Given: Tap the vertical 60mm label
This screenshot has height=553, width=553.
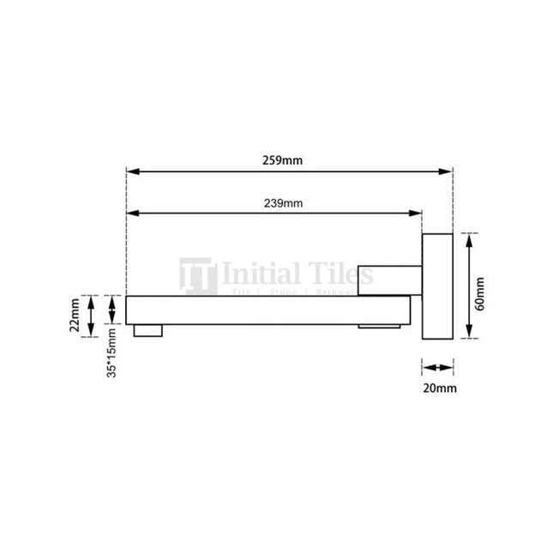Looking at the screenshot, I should coord(481,292).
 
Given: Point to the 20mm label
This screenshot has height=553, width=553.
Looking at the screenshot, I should coord(440,388).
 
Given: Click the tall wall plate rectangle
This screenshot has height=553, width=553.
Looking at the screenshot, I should coord(437,286).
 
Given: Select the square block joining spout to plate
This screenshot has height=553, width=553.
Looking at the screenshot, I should coord(388,279).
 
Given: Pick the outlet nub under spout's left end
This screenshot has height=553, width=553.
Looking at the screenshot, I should coord(147,329).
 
